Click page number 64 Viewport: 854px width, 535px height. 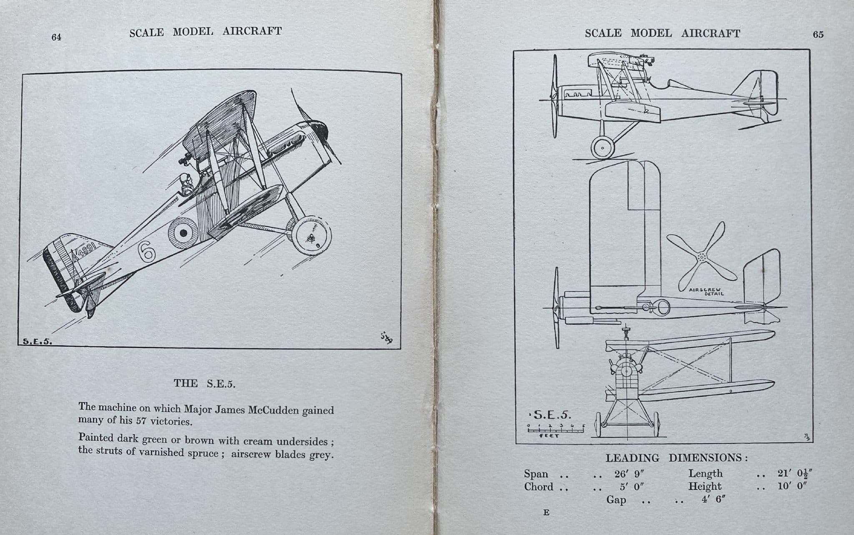[x=56, y=37]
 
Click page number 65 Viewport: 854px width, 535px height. [x=818, y=35]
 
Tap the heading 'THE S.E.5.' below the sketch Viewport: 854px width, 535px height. [x=204, y=384]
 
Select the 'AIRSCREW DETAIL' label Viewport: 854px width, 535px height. [x=706, y=291]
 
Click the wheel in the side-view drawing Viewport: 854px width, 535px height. [x=603, y=147]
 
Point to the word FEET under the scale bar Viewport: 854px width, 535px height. [x=549, y=436]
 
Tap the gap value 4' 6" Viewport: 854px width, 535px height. [x=713, y=499]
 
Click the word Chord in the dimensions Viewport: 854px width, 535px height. [x=538, y=487]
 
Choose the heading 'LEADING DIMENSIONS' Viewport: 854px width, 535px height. [x=676, y=458]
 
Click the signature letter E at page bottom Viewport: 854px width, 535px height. [x=546, y=513]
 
